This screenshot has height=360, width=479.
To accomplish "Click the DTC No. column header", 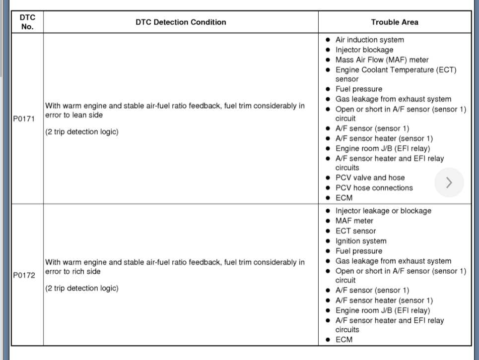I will (27, 22).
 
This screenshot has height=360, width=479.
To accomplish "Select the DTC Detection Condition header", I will (181, 22).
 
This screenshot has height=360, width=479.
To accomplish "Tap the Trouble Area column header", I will (395, 22).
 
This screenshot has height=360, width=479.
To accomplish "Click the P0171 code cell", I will (24, 120).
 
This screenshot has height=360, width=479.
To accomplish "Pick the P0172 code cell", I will (24, 275).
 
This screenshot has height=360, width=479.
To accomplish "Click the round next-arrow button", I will (449, 182).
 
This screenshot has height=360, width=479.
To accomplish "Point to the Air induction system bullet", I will (369, 40).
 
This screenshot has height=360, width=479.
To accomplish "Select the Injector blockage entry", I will (364, 50).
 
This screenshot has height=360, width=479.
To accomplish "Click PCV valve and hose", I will (370, 178).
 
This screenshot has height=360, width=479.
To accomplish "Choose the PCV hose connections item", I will (374, 188).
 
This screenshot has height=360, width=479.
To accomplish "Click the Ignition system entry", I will (360, 241).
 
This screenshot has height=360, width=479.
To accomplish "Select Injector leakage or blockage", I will (383, 211).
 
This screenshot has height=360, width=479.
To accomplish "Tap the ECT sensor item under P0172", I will (355, 231).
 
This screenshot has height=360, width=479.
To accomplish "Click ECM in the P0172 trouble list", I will (343, 340).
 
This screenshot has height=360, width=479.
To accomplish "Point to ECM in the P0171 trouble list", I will (343, 198).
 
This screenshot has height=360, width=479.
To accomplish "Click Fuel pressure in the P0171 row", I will (358, 89).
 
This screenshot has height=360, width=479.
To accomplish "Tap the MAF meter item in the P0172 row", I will (354, 221).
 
